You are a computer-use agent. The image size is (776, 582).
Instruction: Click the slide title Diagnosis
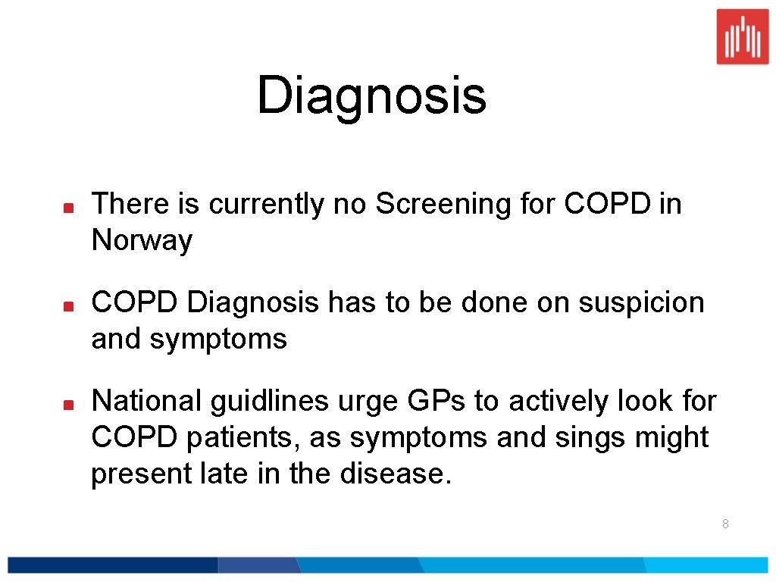point(371,97)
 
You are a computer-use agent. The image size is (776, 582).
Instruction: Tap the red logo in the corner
point(742,36)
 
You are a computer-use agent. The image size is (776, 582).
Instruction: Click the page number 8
point(725,524)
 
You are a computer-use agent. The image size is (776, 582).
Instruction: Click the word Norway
point(142,241)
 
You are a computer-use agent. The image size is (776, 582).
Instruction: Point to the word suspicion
point(641,302)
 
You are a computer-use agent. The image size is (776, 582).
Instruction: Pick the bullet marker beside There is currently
point(67,206)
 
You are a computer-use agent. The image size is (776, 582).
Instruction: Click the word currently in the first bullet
point(269,205)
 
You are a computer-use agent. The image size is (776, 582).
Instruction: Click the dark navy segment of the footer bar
point(114,565)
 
